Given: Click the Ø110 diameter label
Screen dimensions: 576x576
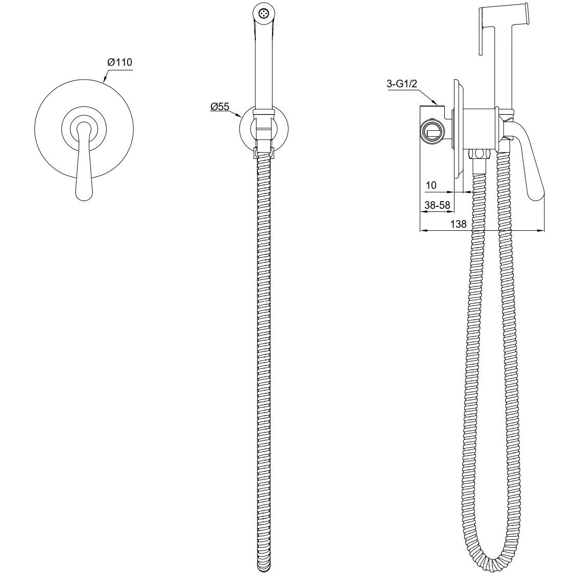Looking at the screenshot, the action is (x=120, y=62).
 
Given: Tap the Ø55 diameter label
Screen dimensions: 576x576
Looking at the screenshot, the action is (x=220, y=107).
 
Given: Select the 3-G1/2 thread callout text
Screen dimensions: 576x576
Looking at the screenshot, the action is (x=402, y=84).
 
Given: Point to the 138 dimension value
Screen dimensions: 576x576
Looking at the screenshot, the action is (x=458, y=224).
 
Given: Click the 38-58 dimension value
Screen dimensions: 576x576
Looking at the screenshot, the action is (x=437, y=205).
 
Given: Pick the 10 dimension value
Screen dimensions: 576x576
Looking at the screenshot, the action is (x=431, y=185).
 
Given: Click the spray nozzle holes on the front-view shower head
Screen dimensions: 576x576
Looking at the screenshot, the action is (x=262, y=13).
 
